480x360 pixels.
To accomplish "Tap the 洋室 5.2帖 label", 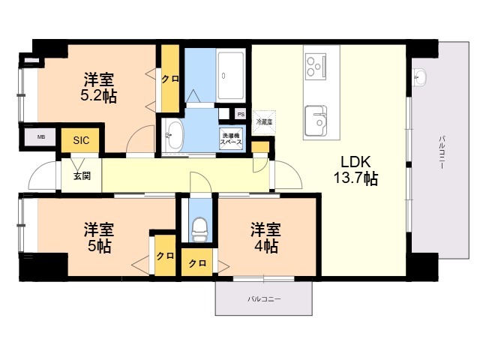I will (99, 87).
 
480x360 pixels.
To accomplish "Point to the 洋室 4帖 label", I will (265, 236).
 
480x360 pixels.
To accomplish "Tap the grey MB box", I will (40, 138).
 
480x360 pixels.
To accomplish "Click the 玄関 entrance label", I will (82, 176).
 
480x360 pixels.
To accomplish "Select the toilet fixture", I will (199, 226).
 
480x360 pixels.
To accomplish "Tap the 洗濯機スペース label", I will (230, 139).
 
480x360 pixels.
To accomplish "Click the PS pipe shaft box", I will (241, 114).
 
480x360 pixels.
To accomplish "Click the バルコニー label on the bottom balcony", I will (264, 299).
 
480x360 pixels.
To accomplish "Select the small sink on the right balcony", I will (418, 76).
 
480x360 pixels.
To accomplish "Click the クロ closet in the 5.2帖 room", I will (170, 78).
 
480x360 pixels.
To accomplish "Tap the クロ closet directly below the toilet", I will (197, 263).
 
